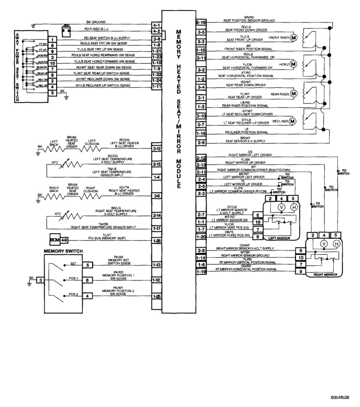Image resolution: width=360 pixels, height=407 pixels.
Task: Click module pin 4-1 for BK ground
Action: pyautogui.click(x=156, y=25)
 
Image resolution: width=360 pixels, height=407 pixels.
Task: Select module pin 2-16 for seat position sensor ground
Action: pyautogui.click(x=201, y=23)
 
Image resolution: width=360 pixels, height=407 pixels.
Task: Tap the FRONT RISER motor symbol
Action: pyautogui.click(x=294, y=38)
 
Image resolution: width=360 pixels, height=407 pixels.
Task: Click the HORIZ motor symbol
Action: pyautogui.click(x=293, y=64)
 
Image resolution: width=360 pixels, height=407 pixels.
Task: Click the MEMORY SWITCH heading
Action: pyautogui.click(x=63, y=251)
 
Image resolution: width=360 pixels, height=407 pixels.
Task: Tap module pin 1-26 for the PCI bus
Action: pyautogui.click(x=156, y=240)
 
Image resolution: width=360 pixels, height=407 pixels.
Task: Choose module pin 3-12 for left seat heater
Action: pyautogui.click(x=156, y=148)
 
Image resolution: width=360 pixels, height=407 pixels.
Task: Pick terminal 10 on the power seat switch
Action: pyautogui.click(x=52, y=63)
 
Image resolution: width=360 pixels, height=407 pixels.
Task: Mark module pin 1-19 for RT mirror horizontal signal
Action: pyautogui.click(x=201, y=272)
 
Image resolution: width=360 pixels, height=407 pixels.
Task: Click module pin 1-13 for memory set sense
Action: pyautogui.click(x=156, y=265)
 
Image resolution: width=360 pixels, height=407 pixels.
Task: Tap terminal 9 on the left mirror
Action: pyautogui.click(x=258, y=236)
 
